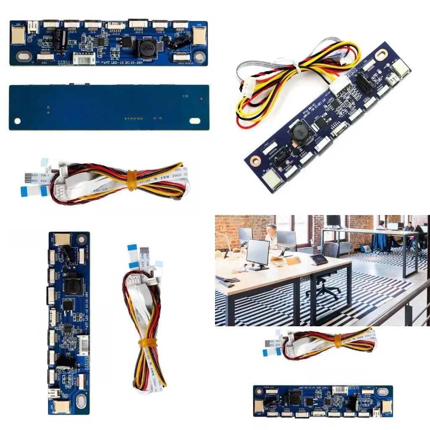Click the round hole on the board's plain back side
17,121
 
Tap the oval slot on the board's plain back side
195,121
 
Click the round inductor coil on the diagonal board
298,132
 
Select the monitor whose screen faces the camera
257,253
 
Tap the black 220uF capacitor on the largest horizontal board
61,39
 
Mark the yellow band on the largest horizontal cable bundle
132,180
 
